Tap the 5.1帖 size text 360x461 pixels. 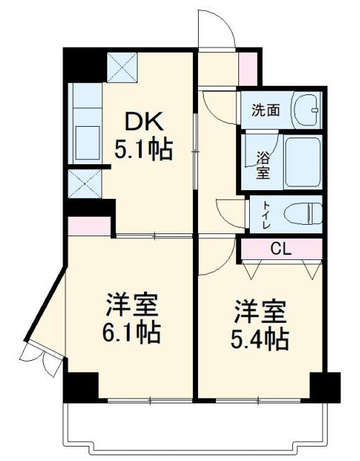(x=143, y=150)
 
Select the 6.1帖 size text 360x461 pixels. (x=130, y=333)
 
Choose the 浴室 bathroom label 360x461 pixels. (x=263, y=164)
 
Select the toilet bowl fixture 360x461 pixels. (x=302, y=213)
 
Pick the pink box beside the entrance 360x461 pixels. (x=247, y=67)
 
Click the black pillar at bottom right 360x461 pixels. (x=325, y=387)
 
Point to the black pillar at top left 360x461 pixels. (x=81, y=64)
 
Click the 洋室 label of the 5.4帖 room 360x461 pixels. (x=260, y=313)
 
